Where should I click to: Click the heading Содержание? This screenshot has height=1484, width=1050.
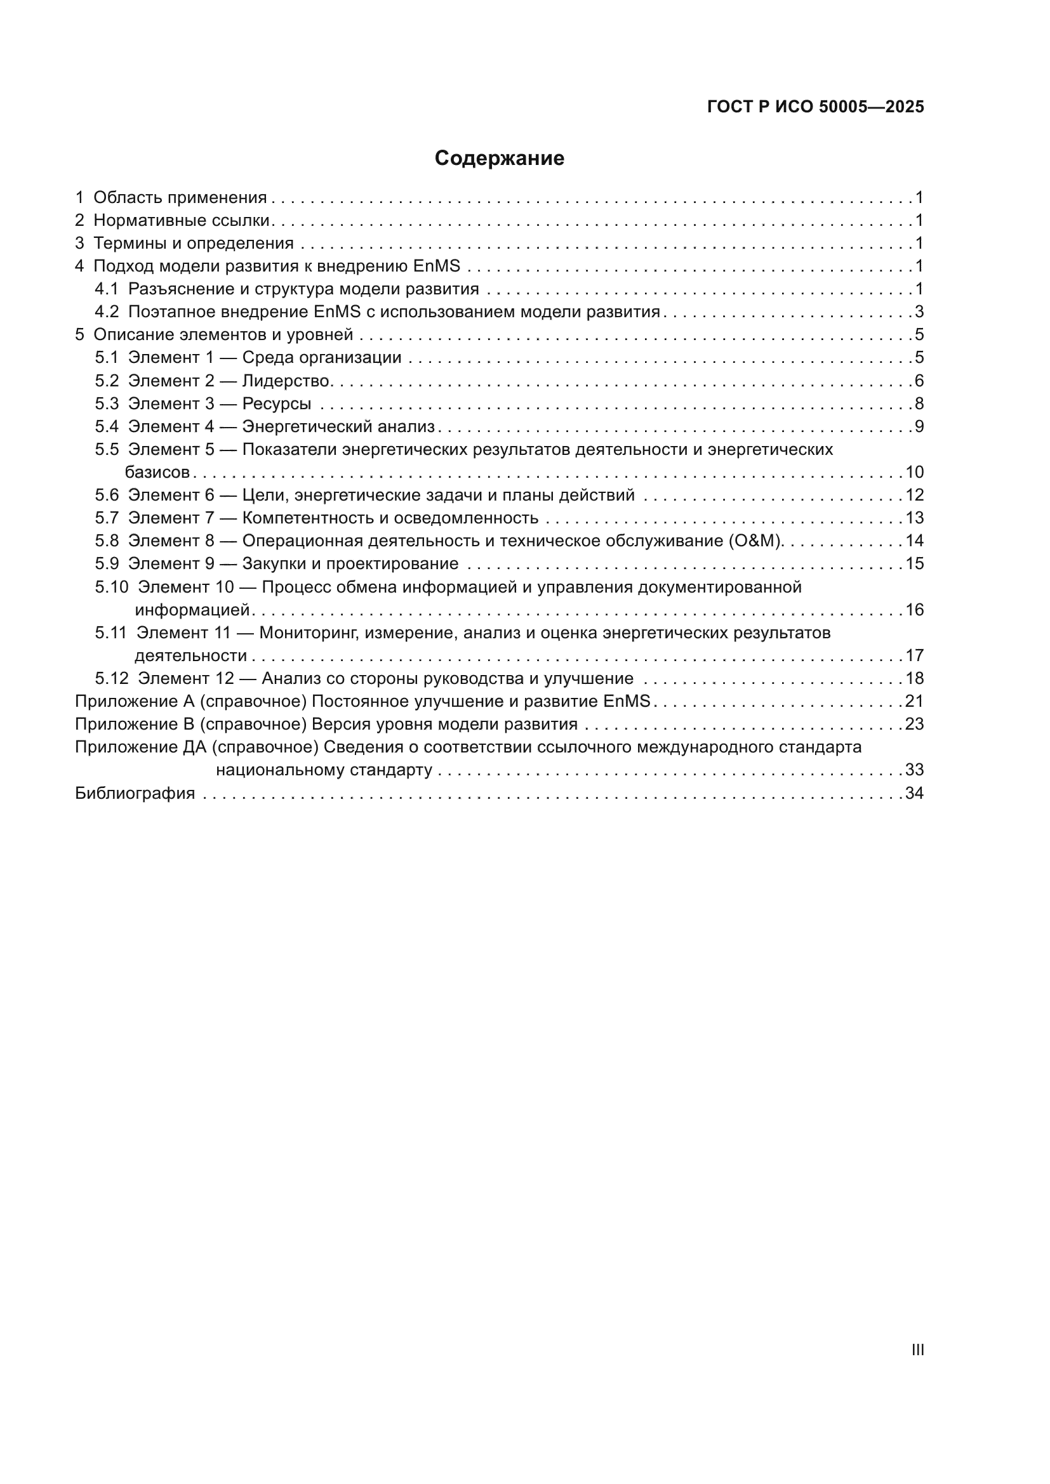(499, 159)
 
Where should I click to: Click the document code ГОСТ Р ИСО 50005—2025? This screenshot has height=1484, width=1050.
(815, 107)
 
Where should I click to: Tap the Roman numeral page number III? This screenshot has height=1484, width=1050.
(917, 1349)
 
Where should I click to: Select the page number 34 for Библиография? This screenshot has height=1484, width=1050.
(914, 793)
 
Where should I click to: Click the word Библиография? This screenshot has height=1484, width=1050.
(135, 793)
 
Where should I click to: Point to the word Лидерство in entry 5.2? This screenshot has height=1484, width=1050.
(286, 381)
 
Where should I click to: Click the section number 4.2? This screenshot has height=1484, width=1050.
(107, 312)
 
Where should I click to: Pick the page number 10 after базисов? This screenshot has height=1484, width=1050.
(914, 473)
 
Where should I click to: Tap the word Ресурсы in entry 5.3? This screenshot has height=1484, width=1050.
(277, 404)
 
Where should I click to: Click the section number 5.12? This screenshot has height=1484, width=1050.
(112, 679)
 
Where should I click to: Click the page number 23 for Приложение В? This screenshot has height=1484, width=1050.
(914, 724)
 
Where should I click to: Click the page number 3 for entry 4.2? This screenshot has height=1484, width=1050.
(919, 312)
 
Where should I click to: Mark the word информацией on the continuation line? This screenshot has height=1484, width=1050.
(192, 610)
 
